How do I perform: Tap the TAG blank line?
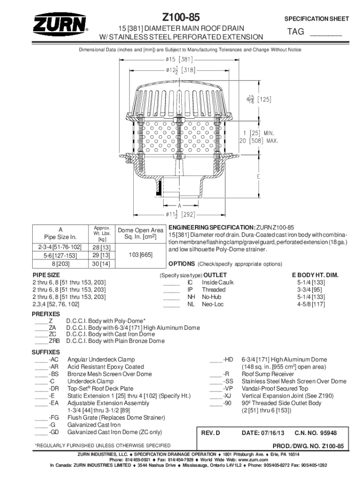[x=326, y=33]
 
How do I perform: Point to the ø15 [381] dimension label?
[x=179, y=59]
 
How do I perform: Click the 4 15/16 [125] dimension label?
[x=259, y=99]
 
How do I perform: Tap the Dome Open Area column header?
[x=140, y=233]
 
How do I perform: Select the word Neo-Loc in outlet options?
[x=212, y=304]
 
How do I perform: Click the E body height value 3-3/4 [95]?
[x=311, y=290]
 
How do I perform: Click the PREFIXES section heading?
[x=45, y=313]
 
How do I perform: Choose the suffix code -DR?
[x=54, y=388]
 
